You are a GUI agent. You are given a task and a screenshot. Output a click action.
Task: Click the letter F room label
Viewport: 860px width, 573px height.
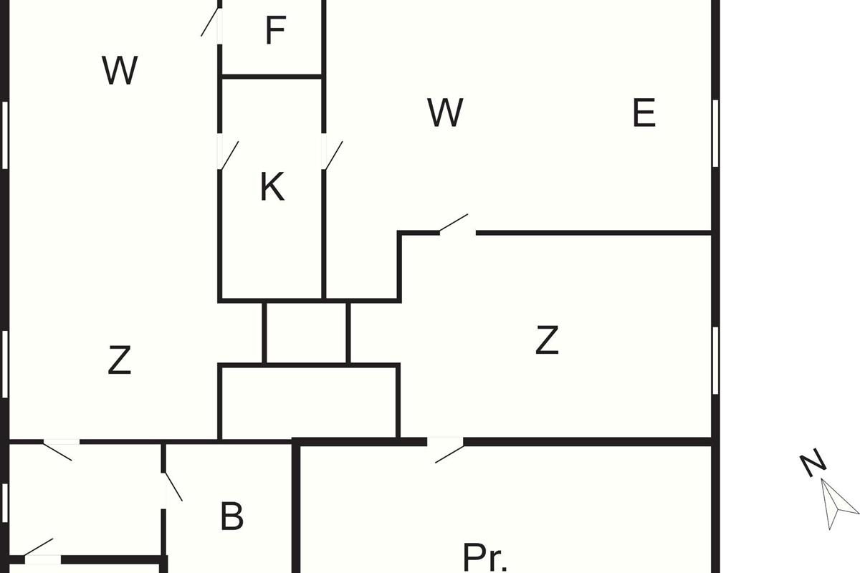coord(276,30)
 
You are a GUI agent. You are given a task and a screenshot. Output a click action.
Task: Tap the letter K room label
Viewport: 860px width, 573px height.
coord(272,186)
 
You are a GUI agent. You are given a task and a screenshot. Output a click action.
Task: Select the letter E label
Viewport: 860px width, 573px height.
coord(644,112)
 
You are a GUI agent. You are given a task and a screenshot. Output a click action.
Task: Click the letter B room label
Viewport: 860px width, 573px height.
coord(232,516)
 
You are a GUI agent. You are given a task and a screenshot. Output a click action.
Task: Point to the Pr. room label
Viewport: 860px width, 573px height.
coord(485,557)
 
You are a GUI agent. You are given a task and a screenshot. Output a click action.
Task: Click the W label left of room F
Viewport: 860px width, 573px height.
coord(120,71)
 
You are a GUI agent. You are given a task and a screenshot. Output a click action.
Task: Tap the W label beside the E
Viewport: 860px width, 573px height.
coord(445,112)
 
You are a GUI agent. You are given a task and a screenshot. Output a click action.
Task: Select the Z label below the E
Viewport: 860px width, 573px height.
coord(547,340)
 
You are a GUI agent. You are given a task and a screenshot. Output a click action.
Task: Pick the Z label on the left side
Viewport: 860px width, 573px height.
coord(120,360)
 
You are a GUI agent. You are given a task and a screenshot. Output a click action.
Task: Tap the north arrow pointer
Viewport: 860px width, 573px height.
coord(838,503)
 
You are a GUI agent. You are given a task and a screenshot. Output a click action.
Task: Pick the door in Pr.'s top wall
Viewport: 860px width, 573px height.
coord(448,451)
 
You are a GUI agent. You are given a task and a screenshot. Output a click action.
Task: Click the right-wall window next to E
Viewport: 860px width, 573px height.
coord(715,133)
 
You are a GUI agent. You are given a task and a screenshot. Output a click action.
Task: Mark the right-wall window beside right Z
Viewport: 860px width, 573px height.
coord(715,360)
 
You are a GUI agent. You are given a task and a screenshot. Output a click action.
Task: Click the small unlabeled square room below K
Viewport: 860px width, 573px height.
coord(307,332)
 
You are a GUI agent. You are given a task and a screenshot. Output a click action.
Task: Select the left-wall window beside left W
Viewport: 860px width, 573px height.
coord(5,135)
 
